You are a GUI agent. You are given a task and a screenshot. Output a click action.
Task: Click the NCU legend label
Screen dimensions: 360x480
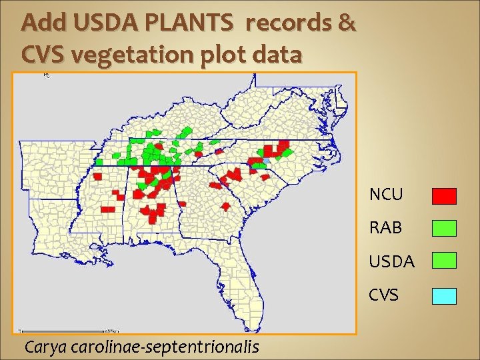coord(387,195)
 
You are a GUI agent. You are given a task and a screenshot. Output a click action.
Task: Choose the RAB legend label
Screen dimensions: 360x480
coord(386,227)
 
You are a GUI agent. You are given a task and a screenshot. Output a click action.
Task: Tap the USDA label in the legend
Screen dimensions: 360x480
coord(392,261)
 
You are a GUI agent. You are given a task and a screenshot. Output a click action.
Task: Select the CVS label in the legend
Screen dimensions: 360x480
coord(384,294)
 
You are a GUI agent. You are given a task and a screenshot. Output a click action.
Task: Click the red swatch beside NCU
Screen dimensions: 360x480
coord(444,196)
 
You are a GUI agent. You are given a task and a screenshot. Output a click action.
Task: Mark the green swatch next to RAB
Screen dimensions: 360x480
coord(444,229)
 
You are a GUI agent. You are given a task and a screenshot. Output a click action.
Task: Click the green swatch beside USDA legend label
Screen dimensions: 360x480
coord(444,260)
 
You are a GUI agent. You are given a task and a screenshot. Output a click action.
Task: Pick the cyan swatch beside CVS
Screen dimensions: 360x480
coord(444,296)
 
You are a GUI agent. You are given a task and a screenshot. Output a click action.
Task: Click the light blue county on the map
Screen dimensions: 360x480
coord(267,161)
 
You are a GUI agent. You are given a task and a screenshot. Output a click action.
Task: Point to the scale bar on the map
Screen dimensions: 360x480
coord(63,329)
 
